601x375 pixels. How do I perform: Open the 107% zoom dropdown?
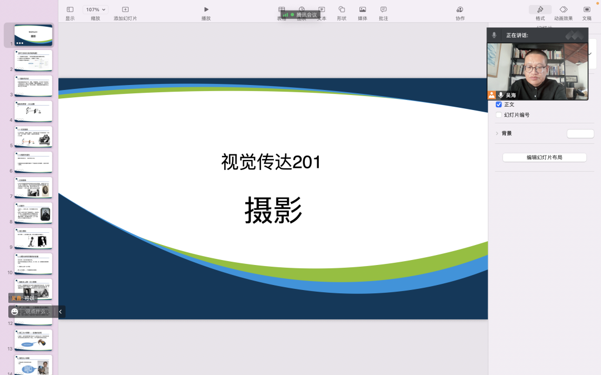pos(96,9)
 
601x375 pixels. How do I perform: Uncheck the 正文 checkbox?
pos(499,104)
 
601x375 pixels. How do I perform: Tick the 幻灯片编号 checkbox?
pos(499,115)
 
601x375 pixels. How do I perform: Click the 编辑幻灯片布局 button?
pos(544,157)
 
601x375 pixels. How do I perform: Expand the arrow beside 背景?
pos(496,133)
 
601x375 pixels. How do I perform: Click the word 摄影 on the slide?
pos(273,211)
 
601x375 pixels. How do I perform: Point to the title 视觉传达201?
pos(271,162)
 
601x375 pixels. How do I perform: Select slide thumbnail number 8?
pos(33,213)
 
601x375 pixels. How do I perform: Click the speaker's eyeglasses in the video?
pos(534,68)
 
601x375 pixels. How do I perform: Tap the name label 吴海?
pos(510,95)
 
